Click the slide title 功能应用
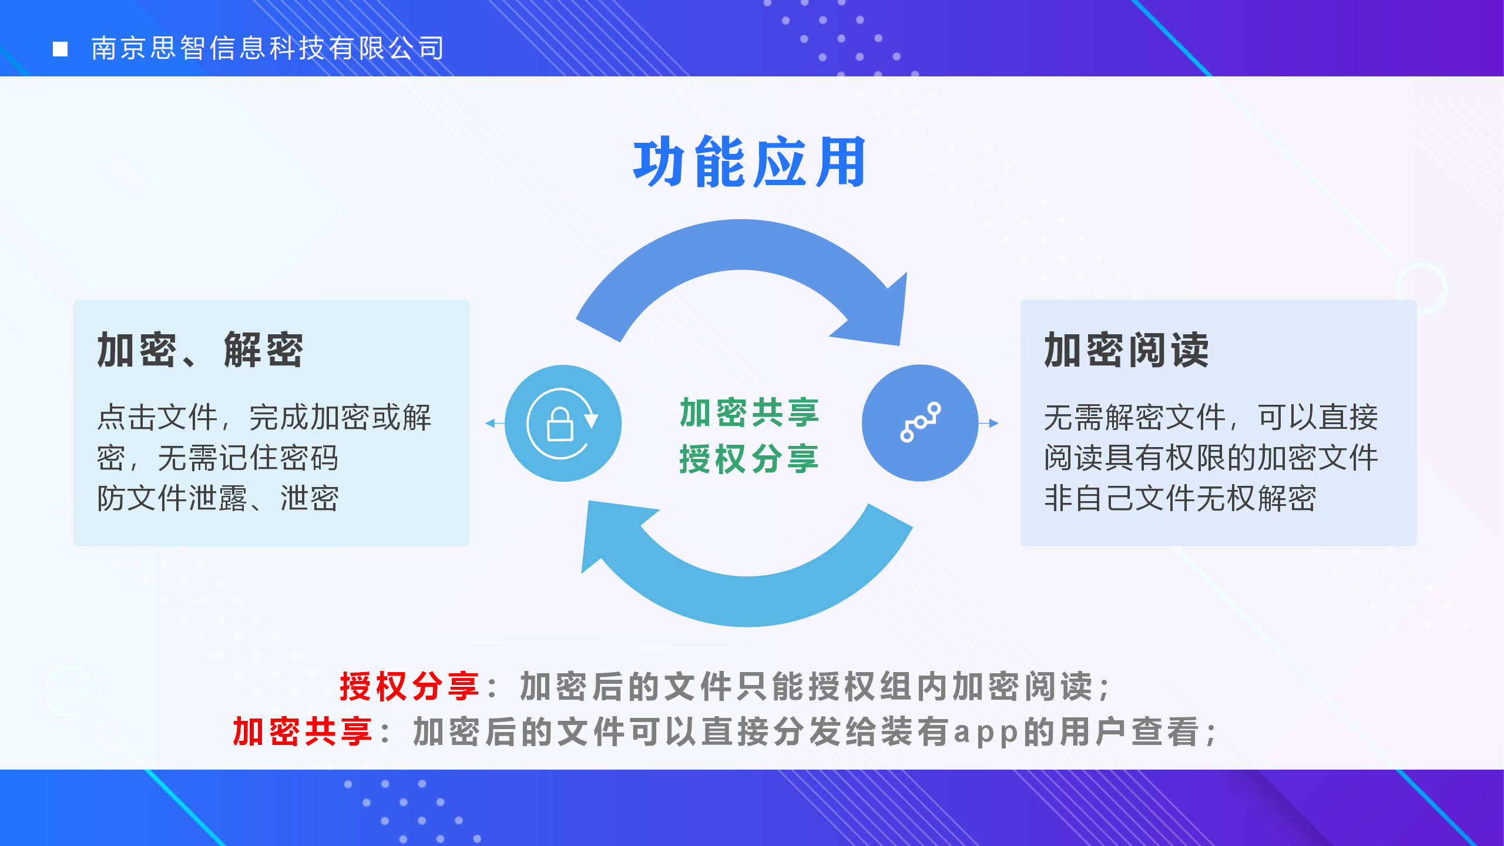(749, 162)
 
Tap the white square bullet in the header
(60, 49)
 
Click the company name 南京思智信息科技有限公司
(268, 48)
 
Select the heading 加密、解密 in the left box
(200, 350)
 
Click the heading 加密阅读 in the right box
(1126, 350)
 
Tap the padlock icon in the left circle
(560, 424)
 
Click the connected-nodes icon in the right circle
(920, 422)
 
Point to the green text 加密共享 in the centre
(749, 412)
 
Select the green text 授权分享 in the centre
(749, 459)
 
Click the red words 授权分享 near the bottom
(409, 686)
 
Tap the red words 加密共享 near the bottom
(303, 732)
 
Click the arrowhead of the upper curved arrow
(875, 311)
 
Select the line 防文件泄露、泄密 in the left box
(218, 498)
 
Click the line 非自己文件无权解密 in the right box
(1180, 498)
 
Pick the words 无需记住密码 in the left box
(248, 458)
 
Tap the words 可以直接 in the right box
(1318, 418)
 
